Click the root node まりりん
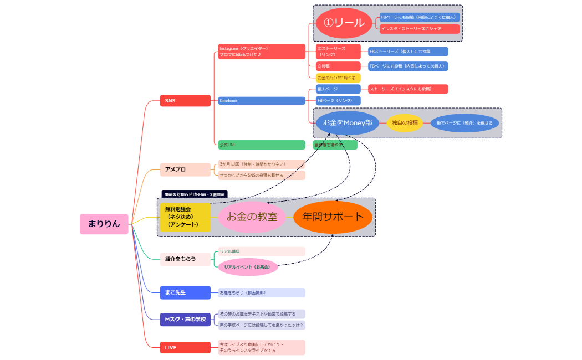click(x=104, y=224)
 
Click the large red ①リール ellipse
click(x=344, y=23)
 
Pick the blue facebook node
click(x=261, y=101)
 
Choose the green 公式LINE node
click(x=261, y=145)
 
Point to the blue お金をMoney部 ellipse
click(x=348, y=123)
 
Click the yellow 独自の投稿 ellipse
click(x=405, y=123)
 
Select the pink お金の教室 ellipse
click(x=252, y=217)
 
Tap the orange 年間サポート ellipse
click(x=333, y=217)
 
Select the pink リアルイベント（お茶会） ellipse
click(x=247, y=267)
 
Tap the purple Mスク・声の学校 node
click(x=185, y=320)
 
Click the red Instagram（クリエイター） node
click(x=261, y=52)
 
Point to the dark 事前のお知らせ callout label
click(x=194, y=194)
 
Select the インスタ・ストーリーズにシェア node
click(x=420, y=29)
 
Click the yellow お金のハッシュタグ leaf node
click(x=338, y=78)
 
